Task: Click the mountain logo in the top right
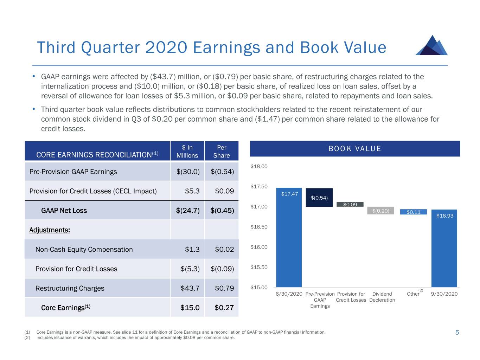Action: click(x=431, y=45)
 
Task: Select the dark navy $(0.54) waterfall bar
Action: click(x=319, y=198)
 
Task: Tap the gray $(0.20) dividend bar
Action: click(x=380, y=211)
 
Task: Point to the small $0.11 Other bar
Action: click(x=413, y=212)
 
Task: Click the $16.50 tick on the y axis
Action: click(x=259, y=227)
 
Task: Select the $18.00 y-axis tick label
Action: click(x=259, y=166)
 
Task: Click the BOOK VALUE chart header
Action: click(x=354, y=149)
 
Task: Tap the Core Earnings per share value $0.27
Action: click(x=224, y=308)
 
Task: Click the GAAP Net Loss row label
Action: click(x=64, y=211)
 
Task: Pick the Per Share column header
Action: click(x=222, y=152)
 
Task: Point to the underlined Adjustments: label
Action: click(x=50, y=230)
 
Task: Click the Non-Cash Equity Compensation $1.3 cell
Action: click(x=192, y=249)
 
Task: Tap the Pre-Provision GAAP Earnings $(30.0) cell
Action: click(x=188, y=172)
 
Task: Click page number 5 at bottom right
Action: click(x=457, y=333)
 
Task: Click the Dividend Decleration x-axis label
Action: click(x=382, y=297)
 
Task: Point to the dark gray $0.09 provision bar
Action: click(x=350, y=205)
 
